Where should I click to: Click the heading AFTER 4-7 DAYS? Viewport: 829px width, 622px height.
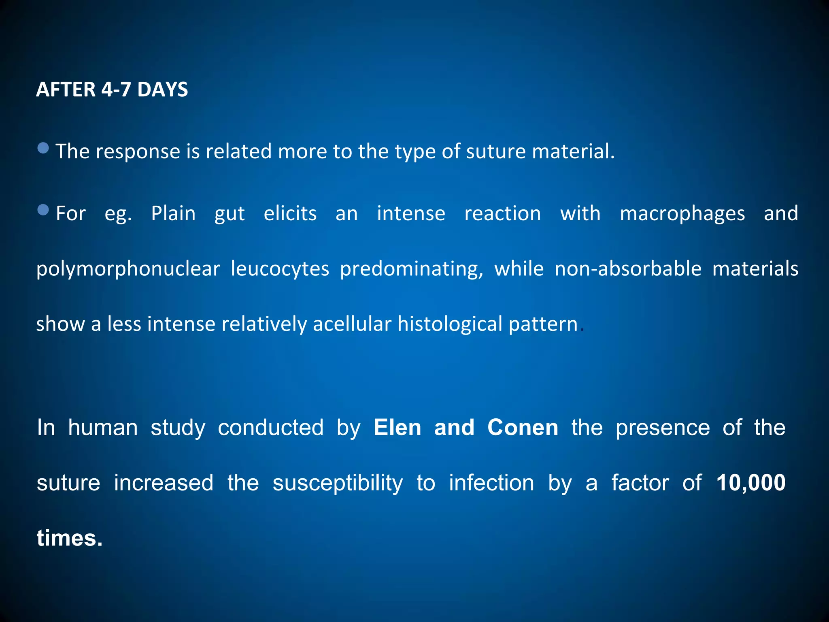[112, 89]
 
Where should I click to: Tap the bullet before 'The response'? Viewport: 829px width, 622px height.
[43, 148]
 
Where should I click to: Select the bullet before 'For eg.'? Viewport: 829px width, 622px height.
[43, 210]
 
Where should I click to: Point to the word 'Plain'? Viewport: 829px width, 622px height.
[173, 213]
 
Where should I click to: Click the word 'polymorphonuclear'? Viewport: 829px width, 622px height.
[128, 269]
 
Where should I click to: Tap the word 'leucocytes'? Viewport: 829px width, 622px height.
[280, 268]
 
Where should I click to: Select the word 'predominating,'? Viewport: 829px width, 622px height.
[412, 269]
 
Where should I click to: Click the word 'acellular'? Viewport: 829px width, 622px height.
[352, 324]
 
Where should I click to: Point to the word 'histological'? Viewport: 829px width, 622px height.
[450, 324]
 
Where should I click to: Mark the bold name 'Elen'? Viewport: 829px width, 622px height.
[397, 428]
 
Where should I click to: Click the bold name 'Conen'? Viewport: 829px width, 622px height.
[523, 428]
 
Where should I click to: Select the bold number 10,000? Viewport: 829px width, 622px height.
[750, 483]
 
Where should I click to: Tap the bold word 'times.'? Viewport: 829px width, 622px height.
[70, 538]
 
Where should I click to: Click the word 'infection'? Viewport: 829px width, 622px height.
[491, 483]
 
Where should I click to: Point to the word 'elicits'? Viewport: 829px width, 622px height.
[290, 213]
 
